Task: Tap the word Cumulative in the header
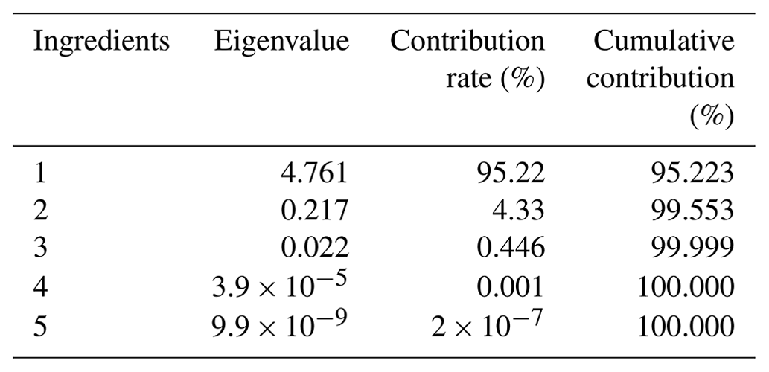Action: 663,42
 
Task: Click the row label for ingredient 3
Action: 41,249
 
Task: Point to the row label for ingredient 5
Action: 41,325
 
